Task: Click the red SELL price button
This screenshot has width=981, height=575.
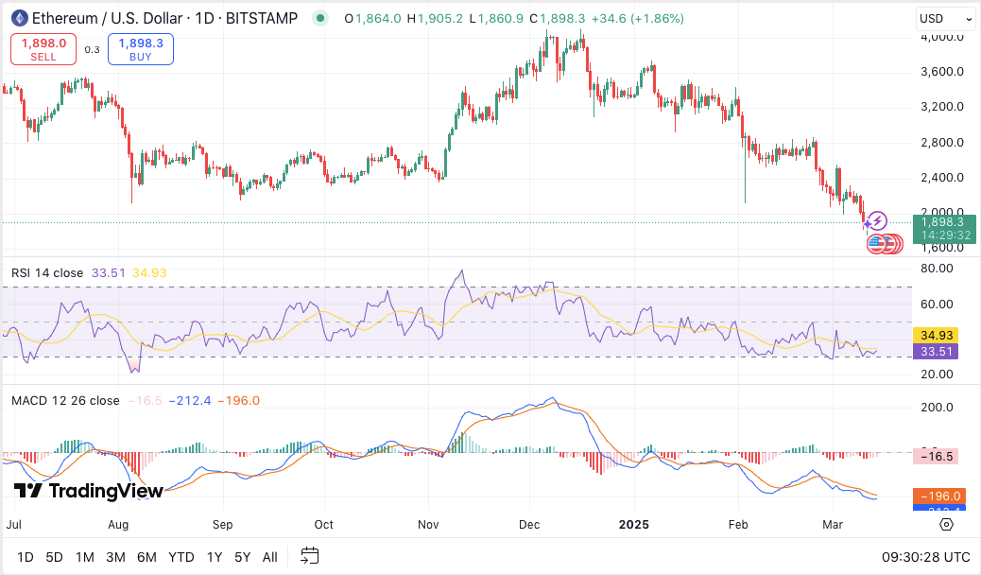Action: click(43, 49)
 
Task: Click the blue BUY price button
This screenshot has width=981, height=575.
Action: click(141, 49)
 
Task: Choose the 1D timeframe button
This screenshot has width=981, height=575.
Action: click(26, 557)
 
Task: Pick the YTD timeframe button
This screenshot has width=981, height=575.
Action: click(181, 557)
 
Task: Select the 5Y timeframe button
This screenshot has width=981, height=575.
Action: click(243, 557)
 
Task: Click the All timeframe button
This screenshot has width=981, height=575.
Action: click(270, 557)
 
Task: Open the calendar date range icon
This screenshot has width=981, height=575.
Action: click(309, 556)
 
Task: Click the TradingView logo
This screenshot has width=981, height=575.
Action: click(89, 491)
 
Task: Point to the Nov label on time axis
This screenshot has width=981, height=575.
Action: click(429, 523)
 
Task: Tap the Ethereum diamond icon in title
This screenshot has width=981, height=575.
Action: click(19, 18)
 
